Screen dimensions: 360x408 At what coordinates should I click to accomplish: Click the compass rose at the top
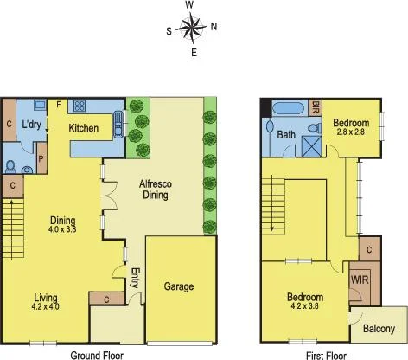[x=191, y=29]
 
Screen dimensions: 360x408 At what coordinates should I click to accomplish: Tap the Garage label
[x=179, y=286]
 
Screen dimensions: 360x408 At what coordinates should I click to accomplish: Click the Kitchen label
[x=84, y=128]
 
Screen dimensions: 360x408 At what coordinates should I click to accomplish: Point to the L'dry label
[x=32, y=125]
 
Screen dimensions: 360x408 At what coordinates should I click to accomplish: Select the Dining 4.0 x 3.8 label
[x=63, y=224]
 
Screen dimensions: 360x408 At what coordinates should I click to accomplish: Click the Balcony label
[x=379, y=329]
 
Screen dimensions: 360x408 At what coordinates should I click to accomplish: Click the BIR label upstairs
[x=316, y=107]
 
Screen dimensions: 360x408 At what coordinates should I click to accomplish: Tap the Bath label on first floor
[x=287, y=134]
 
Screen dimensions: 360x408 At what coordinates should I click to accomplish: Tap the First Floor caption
[x=325, y=355]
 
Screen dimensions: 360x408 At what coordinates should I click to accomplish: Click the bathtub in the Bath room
[x=289, y=109]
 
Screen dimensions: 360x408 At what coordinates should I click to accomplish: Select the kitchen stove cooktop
[x=80, y=107]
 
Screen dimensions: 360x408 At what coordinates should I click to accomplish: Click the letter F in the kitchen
[x=58, y=105]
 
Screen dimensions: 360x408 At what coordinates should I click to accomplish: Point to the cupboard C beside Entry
[x=106, y=299]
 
